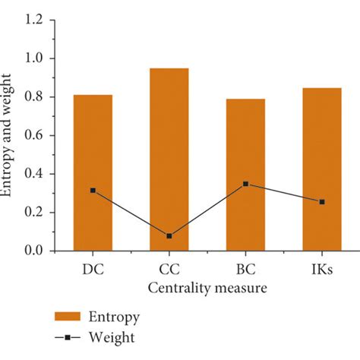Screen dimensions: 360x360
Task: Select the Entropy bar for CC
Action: [169, 159]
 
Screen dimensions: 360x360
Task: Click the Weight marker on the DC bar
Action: [93, 191]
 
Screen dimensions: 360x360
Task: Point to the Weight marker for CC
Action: [169, 236]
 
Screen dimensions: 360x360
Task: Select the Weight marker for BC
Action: [245, 184]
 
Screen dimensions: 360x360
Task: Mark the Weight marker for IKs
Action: [321, 202]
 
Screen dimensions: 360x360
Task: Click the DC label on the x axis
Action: [93, 270]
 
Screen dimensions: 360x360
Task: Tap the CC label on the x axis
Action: [169, 270]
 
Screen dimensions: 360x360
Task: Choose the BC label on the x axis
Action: [245, 270]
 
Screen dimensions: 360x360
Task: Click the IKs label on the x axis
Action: [321, 270]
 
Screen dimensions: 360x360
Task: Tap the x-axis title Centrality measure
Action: [207, 289]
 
